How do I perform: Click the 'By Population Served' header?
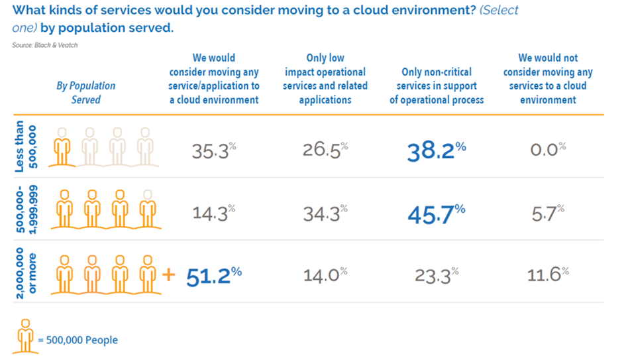86,92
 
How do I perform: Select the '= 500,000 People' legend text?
78,340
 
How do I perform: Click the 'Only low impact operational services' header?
325,79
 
